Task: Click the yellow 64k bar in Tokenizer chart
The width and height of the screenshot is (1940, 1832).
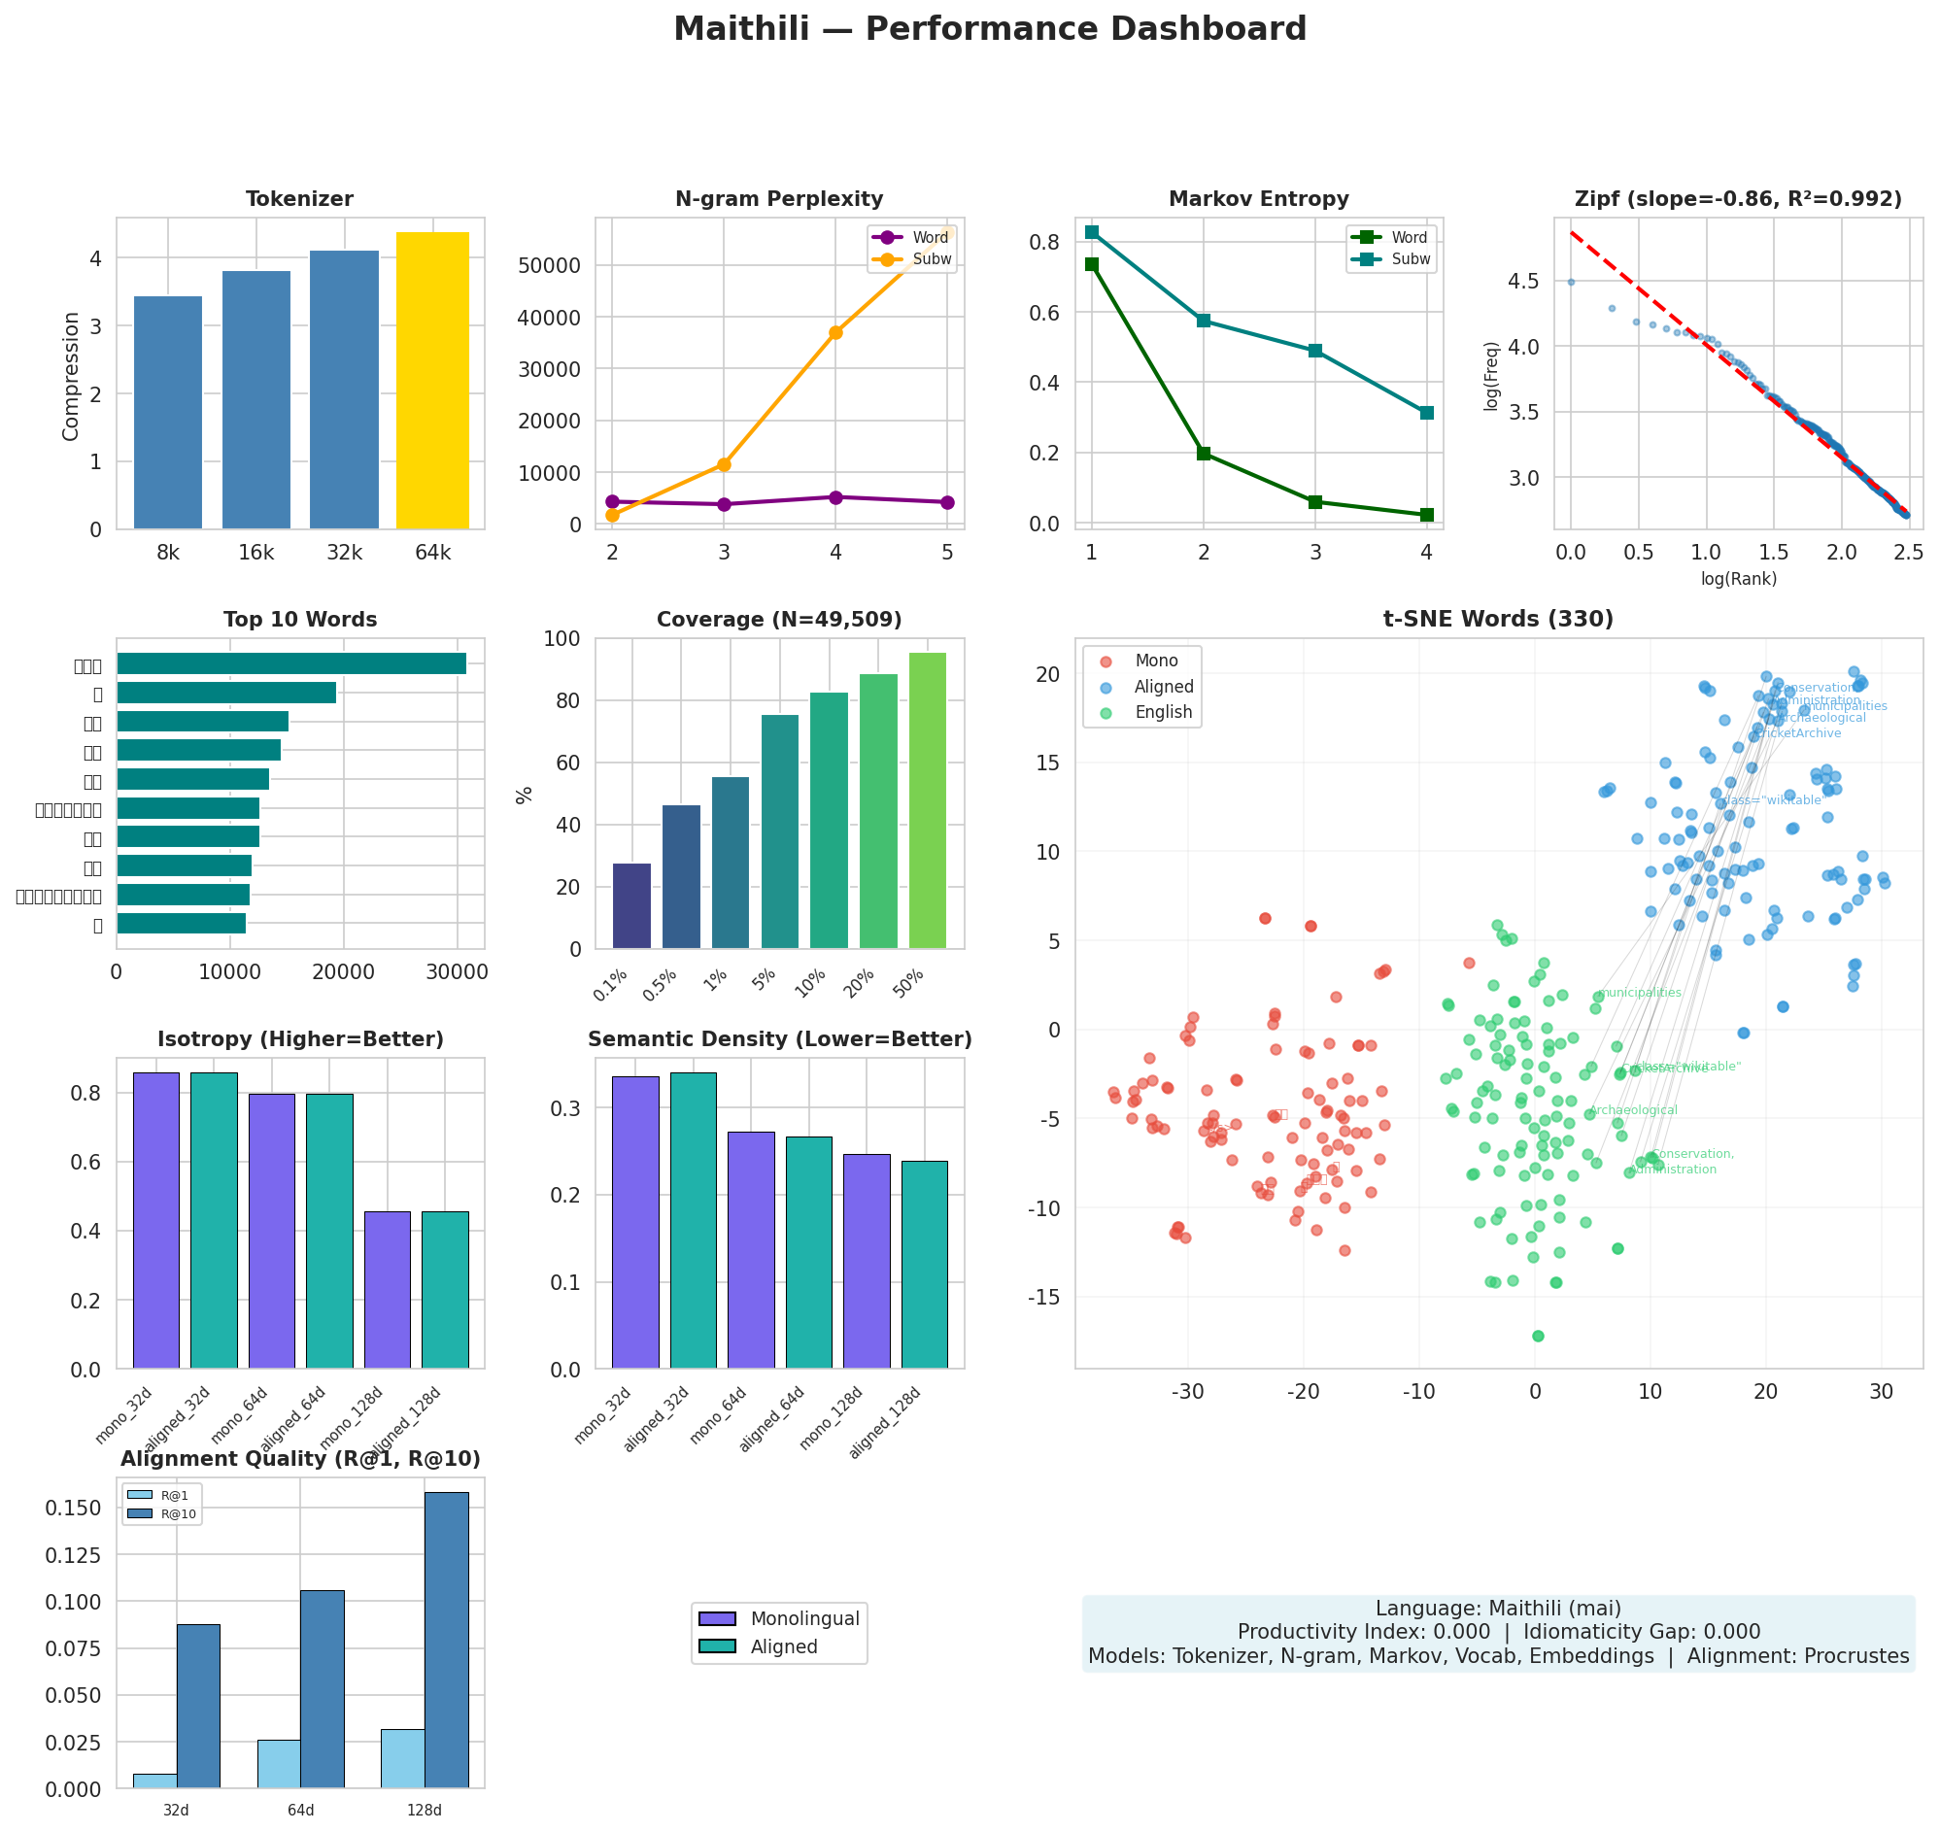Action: (x=431, y=381)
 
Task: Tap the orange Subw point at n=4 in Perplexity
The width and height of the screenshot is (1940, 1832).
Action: (x=835, y=332)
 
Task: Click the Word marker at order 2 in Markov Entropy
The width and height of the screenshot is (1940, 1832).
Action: (x=1203, y=453)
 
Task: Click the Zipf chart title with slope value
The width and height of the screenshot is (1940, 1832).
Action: (x=1737, y=199)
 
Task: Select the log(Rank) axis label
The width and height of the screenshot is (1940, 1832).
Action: (x=1738, y=579)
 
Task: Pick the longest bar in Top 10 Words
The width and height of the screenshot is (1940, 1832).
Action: (x=291, y=664)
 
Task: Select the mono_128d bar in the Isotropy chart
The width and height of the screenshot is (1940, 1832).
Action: (x=387, y=1289)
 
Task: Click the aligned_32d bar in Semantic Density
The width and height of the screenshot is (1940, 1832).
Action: (x=693, y=1220)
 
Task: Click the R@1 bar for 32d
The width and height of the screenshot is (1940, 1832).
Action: (x=154, y=1781)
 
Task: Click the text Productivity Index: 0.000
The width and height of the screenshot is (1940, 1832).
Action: (x=1363, y=1632)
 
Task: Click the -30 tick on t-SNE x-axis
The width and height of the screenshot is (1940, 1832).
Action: (x=1187, y=1392)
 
